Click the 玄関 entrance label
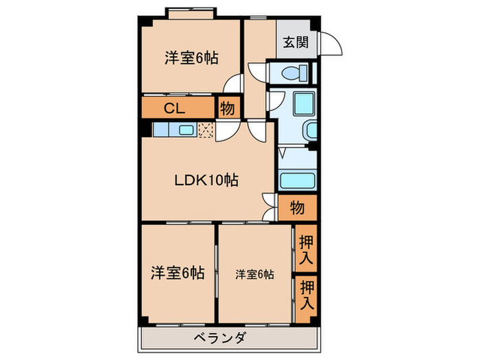(x=296, y=43)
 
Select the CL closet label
(x=173, y=108)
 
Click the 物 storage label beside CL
(x=228, y=108)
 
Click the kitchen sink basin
(x=185, y=130)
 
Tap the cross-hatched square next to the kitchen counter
(x=206, y=130)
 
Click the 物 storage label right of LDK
(x=296, y=207)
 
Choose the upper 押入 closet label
(x=306, y=248)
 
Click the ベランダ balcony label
(x=219, y=338)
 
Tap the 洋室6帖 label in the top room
(x=191, y=58)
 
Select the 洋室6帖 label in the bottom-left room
(x=177, y=272)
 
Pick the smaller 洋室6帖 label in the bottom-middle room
(x=254, y=274)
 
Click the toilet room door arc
(x=256, y=72)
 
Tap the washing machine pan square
(x=301, y=103)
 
